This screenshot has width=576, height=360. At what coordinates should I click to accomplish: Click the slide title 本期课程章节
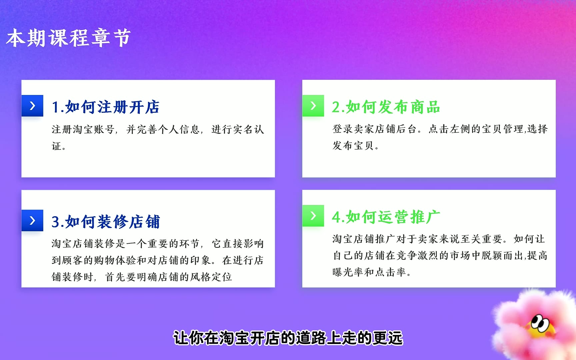(68, 38)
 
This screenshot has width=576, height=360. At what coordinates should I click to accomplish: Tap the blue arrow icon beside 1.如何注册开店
(32, 106)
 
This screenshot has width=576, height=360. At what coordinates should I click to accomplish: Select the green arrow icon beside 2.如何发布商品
(313, 106)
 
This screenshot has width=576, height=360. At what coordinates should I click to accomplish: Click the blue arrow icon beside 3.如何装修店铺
(32, 220)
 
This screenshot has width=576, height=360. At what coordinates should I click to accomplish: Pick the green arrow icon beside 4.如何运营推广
(313, 216)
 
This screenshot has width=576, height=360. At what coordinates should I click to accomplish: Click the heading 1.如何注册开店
(106, 107)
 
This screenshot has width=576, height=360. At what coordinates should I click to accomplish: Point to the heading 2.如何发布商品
(386, 107)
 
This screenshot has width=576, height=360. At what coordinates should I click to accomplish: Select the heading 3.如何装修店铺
(106, 222)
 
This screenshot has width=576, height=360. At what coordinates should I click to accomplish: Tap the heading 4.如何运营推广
(386, 217)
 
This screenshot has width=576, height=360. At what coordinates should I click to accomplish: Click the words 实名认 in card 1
(248, 129)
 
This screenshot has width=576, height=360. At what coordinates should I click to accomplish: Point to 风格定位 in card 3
(211, 277)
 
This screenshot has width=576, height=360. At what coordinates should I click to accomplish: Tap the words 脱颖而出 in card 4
(503, 255)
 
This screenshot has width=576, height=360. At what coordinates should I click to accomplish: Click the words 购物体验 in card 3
(115, 260)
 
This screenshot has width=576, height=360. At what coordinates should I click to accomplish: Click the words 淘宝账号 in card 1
(94, 129)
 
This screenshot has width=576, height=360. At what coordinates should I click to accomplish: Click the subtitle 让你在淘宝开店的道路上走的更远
(288, 338)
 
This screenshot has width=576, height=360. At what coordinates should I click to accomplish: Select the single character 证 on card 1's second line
(57, 146)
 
